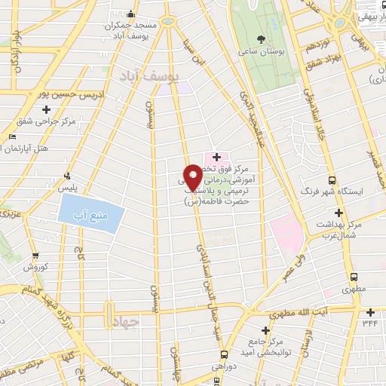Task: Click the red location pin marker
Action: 194,176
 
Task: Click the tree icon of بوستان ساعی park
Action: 261,38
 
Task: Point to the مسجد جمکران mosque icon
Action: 131,14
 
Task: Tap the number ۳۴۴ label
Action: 370,323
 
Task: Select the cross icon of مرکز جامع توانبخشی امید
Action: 265,330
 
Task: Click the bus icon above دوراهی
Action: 224,354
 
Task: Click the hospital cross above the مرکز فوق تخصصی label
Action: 217,157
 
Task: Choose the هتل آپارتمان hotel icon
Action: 11,136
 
